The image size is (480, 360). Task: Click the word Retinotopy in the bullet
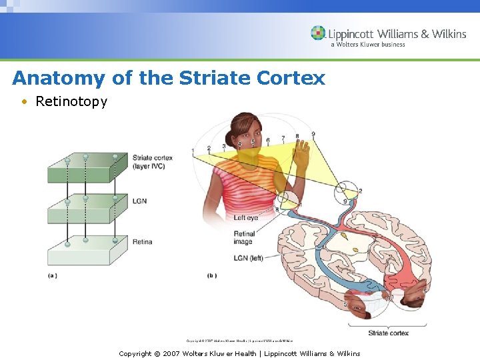(71, 101)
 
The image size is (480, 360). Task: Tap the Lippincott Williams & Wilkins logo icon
(318, 33)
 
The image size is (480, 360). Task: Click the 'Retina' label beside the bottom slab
(142, 242)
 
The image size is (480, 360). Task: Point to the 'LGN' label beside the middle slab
(139, 201)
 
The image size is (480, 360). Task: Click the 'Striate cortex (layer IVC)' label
(152, 162)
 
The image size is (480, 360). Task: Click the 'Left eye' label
(245, 218)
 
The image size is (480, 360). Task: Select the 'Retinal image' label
(243, 238)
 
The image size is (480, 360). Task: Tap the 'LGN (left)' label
(247, 258)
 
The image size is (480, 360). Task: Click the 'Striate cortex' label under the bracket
(388, 333)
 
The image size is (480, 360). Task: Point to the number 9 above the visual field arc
(313, 135)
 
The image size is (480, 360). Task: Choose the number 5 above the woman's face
(253, 141)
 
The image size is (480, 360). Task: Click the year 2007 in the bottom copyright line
(172, 353)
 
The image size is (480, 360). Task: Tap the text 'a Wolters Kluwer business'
(367, 45)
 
